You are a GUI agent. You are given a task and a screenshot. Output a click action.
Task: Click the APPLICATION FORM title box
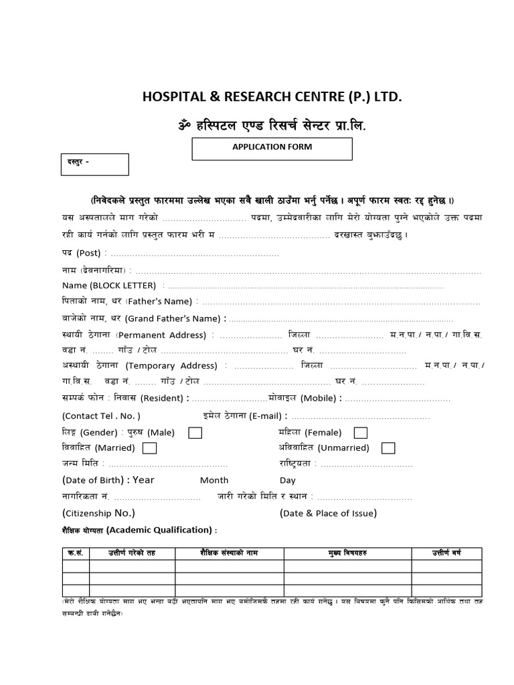coord(272,148)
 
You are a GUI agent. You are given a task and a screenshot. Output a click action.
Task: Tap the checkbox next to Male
coord(195,432)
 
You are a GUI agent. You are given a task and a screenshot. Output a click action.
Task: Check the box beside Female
coord(360,432)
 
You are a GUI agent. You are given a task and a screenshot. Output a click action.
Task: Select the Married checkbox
coord(150,448)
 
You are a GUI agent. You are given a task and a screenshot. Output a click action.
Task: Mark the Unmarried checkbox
coord(388,448)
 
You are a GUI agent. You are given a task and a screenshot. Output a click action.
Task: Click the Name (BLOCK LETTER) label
coord(108,285)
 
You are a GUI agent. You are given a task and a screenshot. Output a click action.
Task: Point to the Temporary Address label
coord(172,366)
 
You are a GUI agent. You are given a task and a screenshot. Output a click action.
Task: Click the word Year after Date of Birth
coord(143,480)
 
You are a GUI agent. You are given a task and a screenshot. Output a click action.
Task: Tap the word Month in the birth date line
coord(214,480)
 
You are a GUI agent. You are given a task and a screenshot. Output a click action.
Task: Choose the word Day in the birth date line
coord(288,480)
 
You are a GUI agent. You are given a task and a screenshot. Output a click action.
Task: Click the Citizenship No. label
coord(99,513)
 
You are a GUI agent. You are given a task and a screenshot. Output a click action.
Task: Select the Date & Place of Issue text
coord(328,513)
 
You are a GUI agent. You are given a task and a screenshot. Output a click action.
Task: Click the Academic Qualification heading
coord(161,530)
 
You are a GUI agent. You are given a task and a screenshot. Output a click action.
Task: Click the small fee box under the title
coord(94,165)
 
